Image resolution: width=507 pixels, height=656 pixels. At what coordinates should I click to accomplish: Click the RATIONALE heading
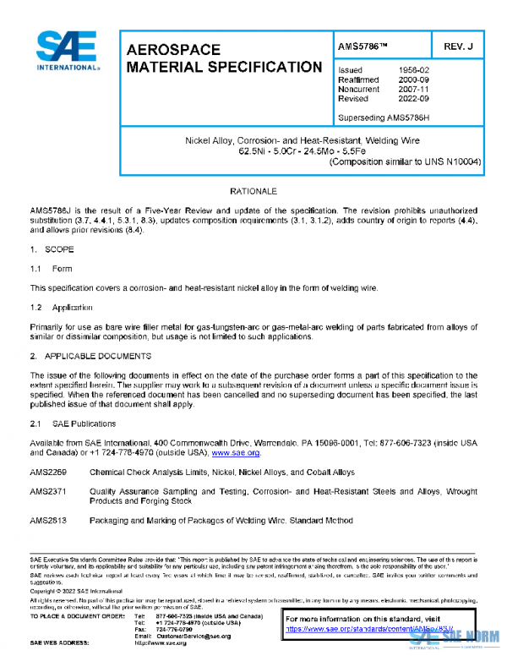pos(253,192)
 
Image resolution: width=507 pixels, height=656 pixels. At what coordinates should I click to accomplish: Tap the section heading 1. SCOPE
pos(52,250)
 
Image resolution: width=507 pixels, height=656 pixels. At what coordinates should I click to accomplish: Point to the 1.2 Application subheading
pos(61,308)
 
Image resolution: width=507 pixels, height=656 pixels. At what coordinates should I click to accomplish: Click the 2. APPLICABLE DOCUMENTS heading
pos(90,356)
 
